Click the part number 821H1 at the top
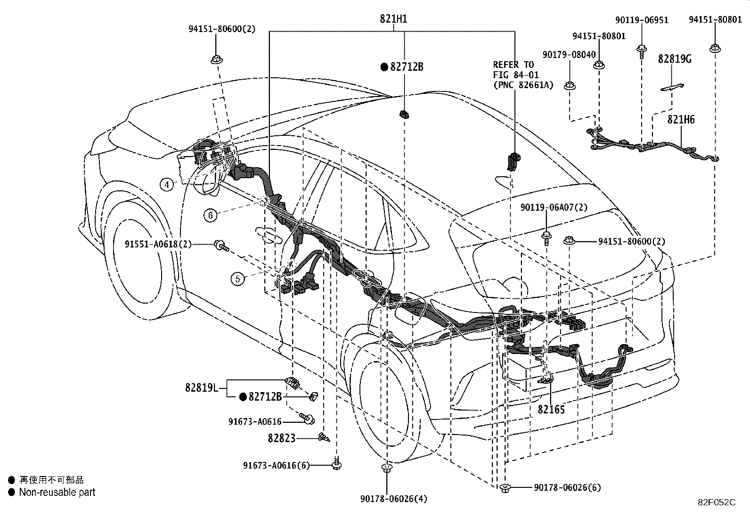393,19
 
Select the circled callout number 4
167,184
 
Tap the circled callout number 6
210,215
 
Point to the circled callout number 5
237,279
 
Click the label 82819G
674,59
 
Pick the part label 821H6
681,120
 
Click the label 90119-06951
642,20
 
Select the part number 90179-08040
569,55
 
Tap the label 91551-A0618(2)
158,244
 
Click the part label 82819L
201,387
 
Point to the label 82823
282,438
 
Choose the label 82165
551,410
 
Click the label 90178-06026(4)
394,499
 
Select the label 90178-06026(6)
568,487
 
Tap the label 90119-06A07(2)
554,207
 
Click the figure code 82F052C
717,502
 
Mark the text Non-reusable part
57,492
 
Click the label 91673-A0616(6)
276,465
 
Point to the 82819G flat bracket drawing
672,87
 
